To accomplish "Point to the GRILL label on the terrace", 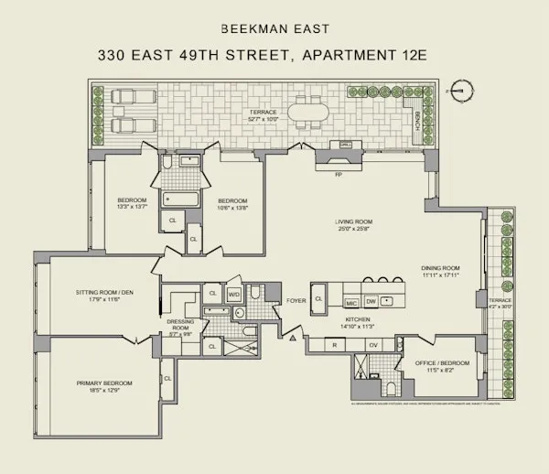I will click(x=346, y=145).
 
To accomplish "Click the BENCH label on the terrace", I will click(x=418, y=119).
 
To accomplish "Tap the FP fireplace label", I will click(x=338, y=174).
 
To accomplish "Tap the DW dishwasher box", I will click(x=371, y=300).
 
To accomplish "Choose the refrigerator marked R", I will click(x=337, y=345).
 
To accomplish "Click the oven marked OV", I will click(x=372, y=345).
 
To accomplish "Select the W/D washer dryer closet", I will click(x=233, y=295).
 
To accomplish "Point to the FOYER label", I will click(x=296, y=299).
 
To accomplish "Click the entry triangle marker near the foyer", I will click(x=293, y=339).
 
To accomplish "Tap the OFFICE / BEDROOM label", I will click(x=443, y=363).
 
